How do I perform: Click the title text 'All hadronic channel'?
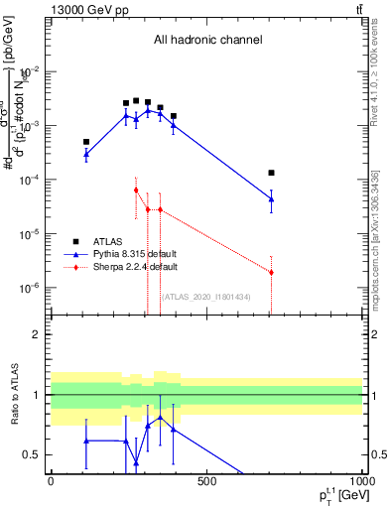click(207, 40)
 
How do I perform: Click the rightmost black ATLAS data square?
click(271, 173)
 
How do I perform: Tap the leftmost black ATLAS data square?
click(86, 142)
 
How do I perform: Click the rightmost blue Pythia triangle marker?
click(271, 199)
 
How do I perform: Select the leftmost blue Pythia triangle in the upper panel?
click(86, 154)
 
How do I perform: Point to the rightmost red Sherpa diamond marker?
click(271, 272)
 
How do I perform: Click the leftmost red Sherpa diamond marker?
click(136, 190)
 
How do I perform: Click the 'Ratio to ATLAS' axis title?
click(13, 395)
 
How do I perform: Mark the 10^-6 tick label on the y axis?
click(30, 288)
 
